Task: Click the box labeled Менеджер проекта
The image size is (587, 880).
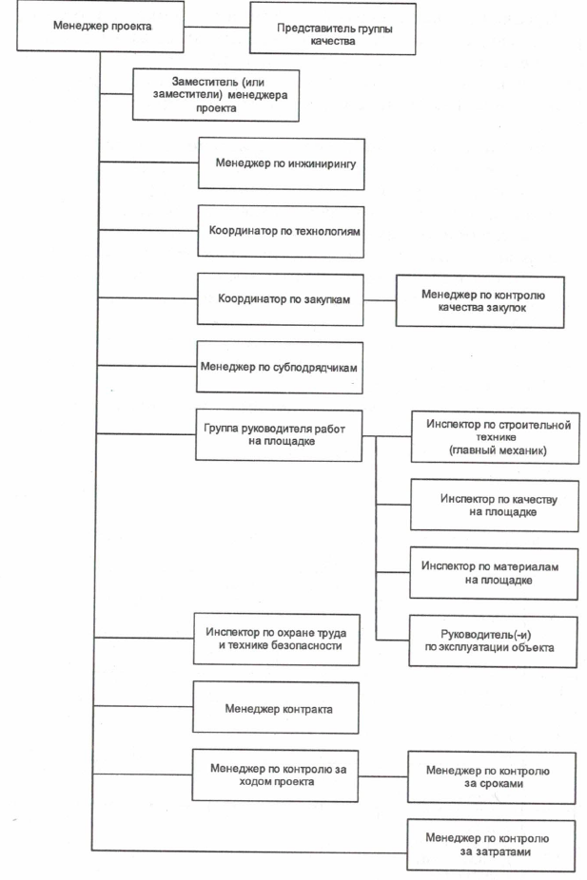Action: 101,26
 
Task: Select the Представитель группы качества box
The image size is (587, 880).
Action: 333,29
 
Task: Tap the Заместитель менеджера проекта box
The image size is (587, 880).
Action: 216,95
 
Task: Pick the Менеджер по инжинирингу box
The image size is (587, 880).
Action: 282,163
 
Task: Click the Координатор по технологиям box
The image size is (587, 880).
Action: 281,231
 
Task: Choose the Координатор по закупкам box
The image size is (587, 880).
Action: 281,299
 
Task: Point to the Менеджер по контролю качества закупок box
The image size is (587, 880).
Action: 480,301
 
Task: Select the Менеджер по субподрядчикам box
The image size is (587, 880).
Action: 280,368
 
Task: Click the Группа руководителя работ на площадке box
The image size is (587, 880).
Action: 279,435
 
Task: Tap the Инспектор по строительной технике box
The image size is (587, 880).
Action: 496,438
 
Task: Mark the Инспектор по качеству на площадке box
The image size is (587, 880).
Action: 495,506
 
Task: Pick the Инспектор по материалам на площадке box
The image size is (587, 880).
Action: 495,574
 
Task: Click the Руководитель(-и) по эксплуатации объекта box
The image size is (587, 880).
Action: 493,641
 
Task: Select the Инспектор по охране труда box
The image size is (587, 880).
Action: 277,640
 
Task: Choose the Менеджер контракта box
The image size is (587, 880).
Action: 276,708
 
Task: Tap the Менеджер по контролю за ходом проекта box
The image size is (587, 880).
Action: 275,775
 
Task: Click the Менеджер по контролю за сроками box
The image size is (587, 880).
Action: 492,778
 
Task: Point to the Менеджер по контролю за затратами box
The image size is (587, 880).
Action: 492,846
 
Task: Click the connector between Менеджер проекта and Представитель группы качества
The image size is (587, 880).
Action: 217,27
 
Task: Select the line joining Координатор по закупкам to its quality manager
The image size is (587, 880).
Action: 381,300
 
